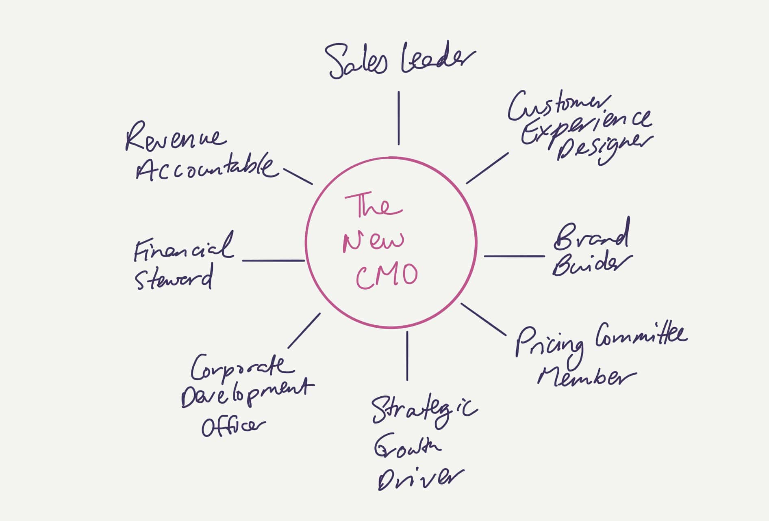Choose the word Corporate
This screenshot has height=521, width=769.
point(242,368)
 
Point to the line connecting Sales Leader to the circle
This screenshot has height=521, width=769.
point(398,118)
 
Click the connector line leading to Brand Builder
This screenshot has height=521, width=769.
point(514,256)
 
